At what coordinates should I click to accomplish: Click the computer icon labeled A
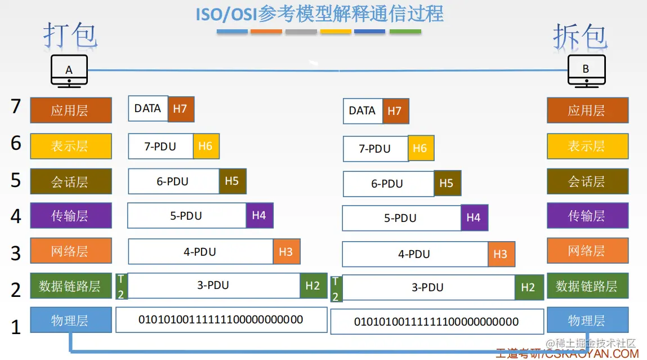click(x=69, y=71)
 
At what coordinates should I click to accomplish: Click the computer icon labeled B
click(x=586, y=71)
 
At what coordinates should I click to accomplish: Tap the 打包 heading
click(x=70, y=35)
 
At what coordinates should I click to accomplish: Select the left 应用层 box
click(x=70, y=110)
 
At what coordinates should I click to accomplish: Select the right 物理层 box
click(x=587, y=320)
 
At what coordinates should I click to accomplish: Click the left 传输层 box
click(x=70, y=215)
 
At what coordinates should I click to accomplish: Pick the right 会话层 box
click(x=587, y=181)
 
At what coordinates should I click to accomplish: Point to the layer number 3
click(x=16, y=253)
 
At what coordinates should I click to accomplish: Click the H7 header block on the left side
click(x=181, y=109)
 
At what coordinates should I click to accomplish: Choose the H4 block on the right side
click(x=474, y=217)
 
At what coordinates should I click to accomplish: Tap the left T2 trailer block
click(x=121, y=286)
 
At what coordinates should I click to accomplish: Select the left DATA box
click(x=148, y=108)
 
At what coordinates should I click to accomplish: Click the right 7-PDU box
click(x=375, y=149)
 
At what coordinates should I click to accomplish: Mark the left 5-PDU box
click(x=186, y=216)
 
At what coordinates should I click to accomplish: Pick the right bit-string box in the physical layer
click(x=436, y=322)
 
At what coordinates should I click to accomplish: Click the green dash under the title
click(x=405, y=32)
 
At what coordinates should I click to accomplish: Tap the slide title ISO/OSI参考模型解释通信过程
click(x=319, y=13)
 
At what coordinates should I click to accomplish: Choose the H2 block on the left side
click(x=313, y=286)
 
